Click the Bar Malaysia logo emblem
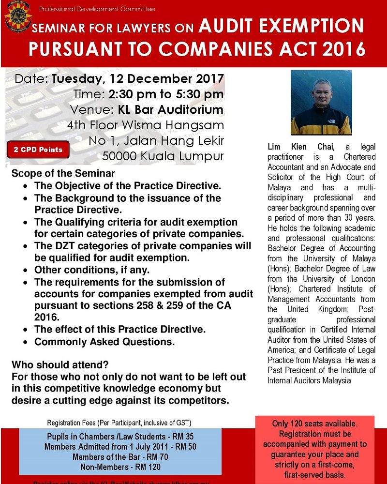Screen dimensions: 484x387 coord(18,17)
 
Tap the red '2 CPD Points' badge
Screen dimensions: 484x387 coord(38,150)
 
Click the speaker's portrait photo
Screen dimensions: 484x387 coord(321,103)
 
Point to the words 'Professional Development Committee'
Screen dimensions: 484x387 coord(97,9)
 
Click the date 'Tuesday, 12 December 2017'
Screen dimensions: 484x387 coord(137,78)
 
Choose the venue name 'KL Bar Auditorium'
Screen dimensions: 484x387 coord(171,109)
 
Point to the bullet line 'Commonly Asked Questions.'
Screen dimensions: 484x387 coord(104,342)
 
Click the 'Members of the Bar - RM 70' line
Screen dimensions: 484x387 coord(120,457)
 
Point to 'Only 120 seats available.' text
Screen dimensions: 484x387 coord(314,424)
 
